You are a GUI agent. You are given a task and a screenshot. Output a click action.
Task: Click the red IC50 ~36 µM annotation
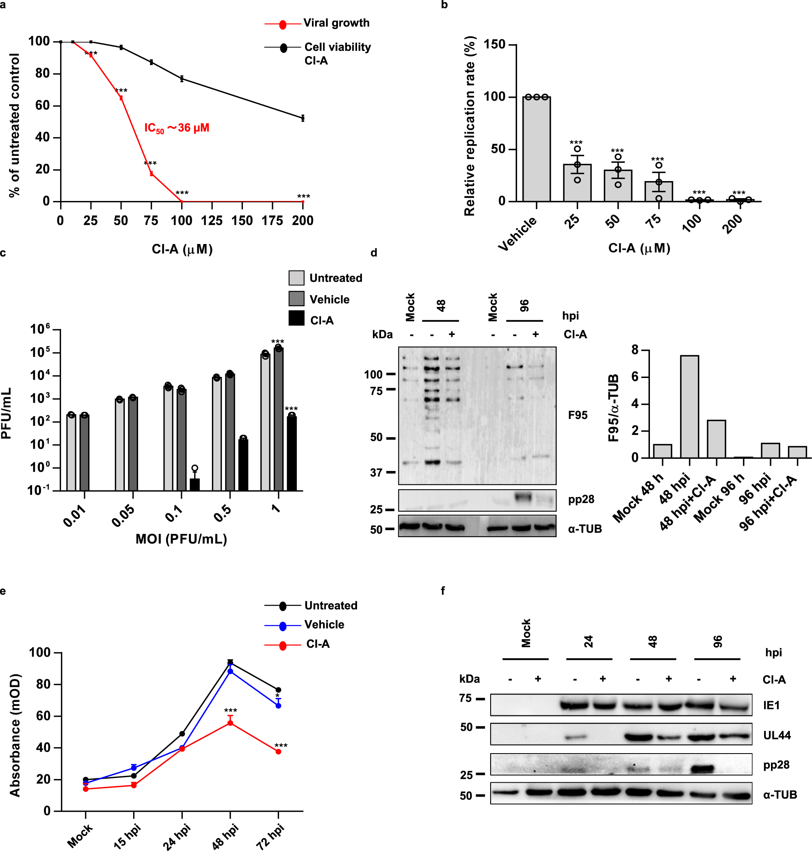click(177, 128)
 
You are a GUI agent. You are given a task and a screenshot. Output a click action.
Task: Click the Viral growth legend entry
click(336, 23)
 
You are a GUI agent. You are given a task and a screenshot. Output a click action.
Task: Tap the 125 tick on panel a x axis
click(212, 220)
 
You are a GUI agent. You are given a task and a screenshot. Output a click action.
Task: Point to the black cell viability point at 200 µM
click(303, 118)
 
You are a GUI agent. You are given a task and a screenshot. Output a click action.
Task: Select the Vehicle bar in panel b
click(536, 149)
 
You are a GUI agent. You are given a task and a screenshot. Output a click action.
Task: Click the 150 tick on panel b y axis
click(494, 45)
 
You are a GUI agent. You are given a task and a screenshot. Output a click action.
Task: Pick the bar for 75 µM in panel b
click(658, 191)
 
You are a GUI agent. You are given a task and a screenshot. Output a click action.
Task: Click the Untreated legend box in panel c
click(297, 278)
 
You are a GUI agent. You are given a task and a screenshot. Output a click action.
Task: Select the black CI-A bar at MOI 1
click(292, 453)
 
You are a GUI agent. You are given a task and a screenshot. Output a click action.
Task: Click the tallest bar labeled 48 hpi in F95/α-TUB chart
click(689, 407)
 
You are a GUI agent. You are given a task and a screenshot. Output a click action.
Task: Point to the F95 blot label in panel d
click(577, 415)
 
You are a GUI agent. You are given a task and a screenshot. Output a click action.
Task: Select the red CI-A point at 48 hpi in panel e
click(230, 723)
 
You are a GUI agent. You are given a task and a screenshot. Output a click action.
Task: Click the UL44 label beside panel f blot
click(777, 735)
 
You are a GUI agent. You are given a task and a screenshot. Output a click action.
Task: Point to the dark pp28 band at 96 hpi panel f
click(702, 769)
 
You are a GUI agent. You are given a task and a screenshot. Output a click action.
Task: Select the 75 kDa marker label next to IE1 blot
click(465, 699)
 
